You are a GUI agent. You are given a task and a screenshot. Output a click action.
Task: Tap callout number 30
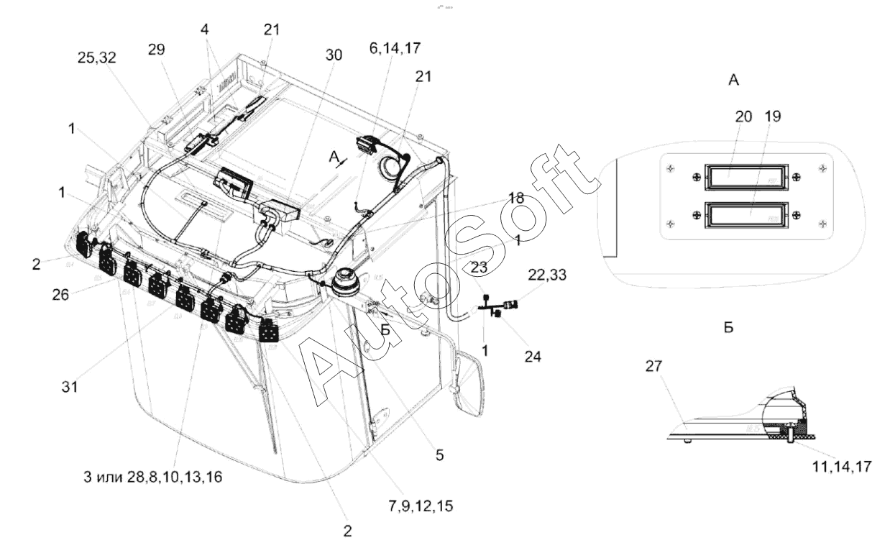click(x=334, y=55)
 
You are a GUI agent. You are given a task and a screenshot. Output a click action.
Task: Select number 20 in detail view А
click(x=743, y=116)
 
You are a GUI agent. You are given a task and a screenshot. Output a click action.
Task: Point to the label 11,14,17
click(x=834, y=466)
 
